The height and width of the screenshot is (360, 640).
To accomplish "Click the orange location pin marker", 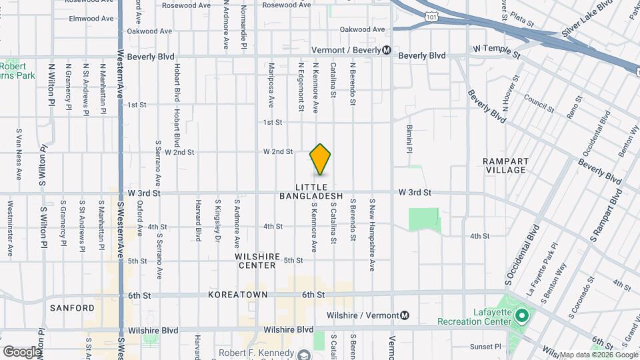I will pos(321,159).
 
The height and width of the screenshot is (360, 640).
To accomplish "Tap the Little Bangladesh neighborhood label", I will pos(320,191).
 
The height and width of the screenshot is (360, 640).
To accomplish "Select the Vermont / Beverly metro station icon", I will pos(387,51).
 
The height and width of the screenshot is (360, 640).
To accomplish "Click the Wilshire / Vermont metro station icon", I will pos(405,315).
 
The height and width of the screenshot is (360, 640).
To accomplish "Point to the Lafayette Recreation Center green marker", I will pos(522,313).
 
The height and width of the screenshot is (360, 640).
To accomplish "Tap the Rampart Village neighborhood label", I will pos(506,166).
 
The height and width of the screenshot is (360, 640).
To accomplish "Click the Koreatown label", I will pos(238,294).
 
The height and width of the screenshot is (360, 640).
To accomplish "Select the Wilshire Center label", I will pos(255,261).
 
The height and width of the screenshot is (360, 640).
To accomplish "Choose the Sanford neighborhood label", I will pos(72,308).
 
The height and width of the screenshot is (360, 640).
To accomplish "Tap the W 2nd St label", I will pos(278,152).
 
